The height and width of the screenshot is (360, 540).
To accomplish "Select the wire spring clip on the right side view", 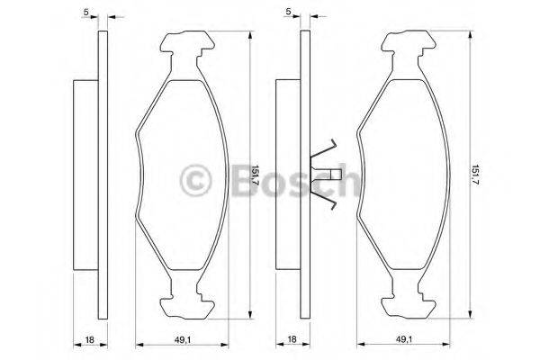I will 322,175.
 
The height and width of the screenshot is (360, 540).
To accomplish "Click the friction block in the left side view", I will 85,175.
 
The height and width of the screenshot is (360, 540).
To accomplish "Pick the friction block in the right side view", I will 287,175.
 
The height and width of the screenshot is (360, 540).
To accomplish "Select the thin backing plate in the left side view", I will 102,175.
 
